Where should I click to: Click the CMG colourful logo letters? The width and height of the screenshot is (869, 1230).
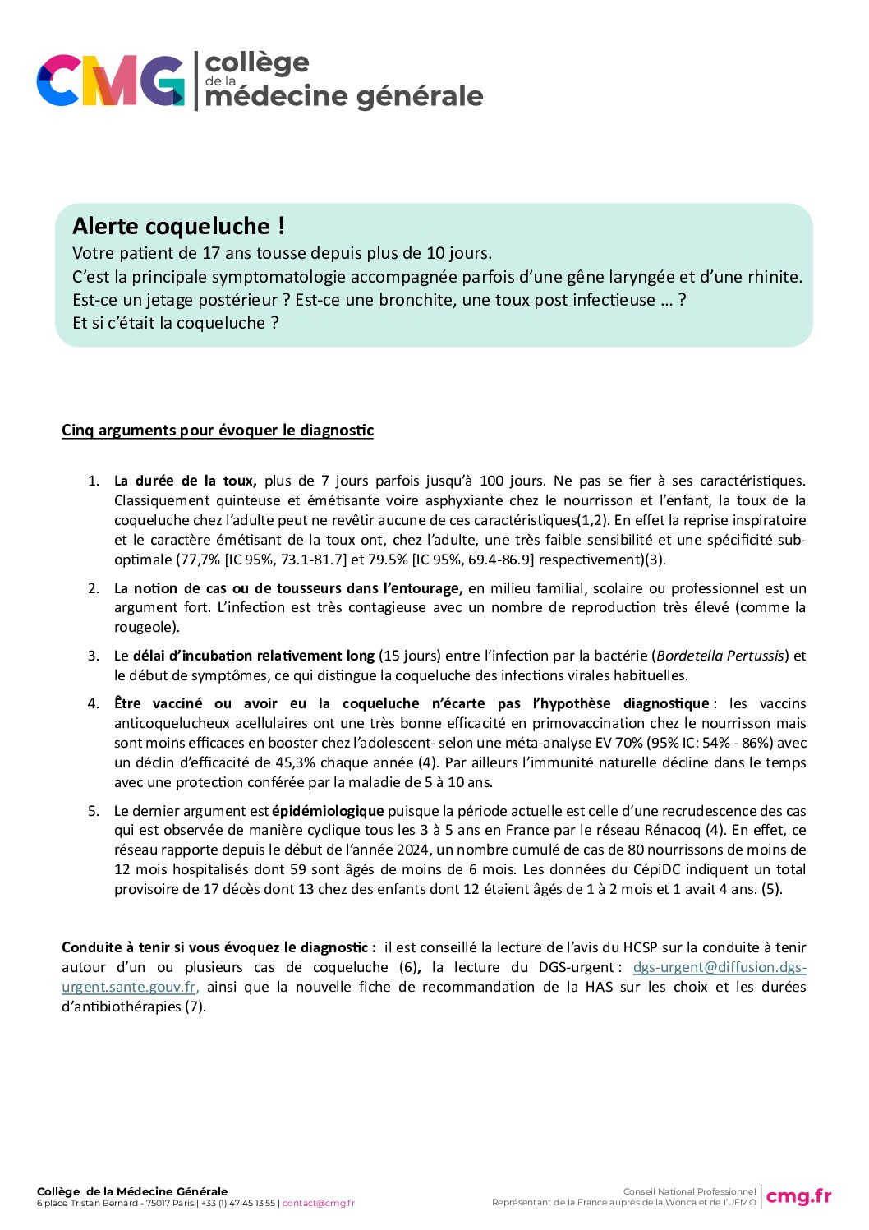tap(110, 81)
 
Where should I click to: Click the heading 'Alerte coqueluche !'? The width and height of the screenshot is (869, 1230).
tap(178, 226)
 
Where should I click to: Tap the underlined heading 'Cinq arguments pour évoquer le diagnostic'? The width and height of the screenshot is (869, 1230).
tap(218, 431)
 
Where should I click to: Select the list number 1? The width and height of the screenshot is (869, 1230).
tap(94, 481)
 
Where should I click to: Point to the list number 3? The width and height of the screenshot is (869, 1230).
tap(94, 656)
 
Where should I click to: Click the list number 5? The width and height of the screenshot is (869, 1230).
tap(94, 811)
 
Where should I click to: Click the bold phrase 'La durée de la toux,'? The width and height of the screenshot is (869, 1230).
tap(185, 481)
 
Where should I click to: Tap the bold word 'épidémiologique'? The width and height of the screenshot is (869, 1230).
tap(328, 811)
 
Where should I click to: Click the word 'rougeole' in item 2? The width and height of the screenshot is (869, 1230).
tap(144, 627)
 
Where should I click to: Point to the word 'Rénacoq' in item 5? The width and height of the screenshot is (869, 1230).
tap(674, 831)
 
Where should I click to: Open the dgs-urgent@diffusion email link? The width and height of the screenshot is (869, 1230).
tap(719, 967)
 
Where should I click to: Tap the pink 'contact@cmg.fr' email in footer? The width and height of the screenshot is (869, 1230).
tap(319, 1204)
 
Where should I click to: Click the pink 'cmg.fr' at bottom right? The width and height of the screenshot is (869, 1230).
tap(798, 1196)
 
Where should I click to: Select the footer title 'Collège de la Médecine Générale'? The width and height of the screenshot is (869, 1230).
tap(132, 1191)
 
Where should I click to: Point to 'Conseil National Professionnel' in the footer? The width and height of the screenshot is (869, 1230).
tap(689, 1191)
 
